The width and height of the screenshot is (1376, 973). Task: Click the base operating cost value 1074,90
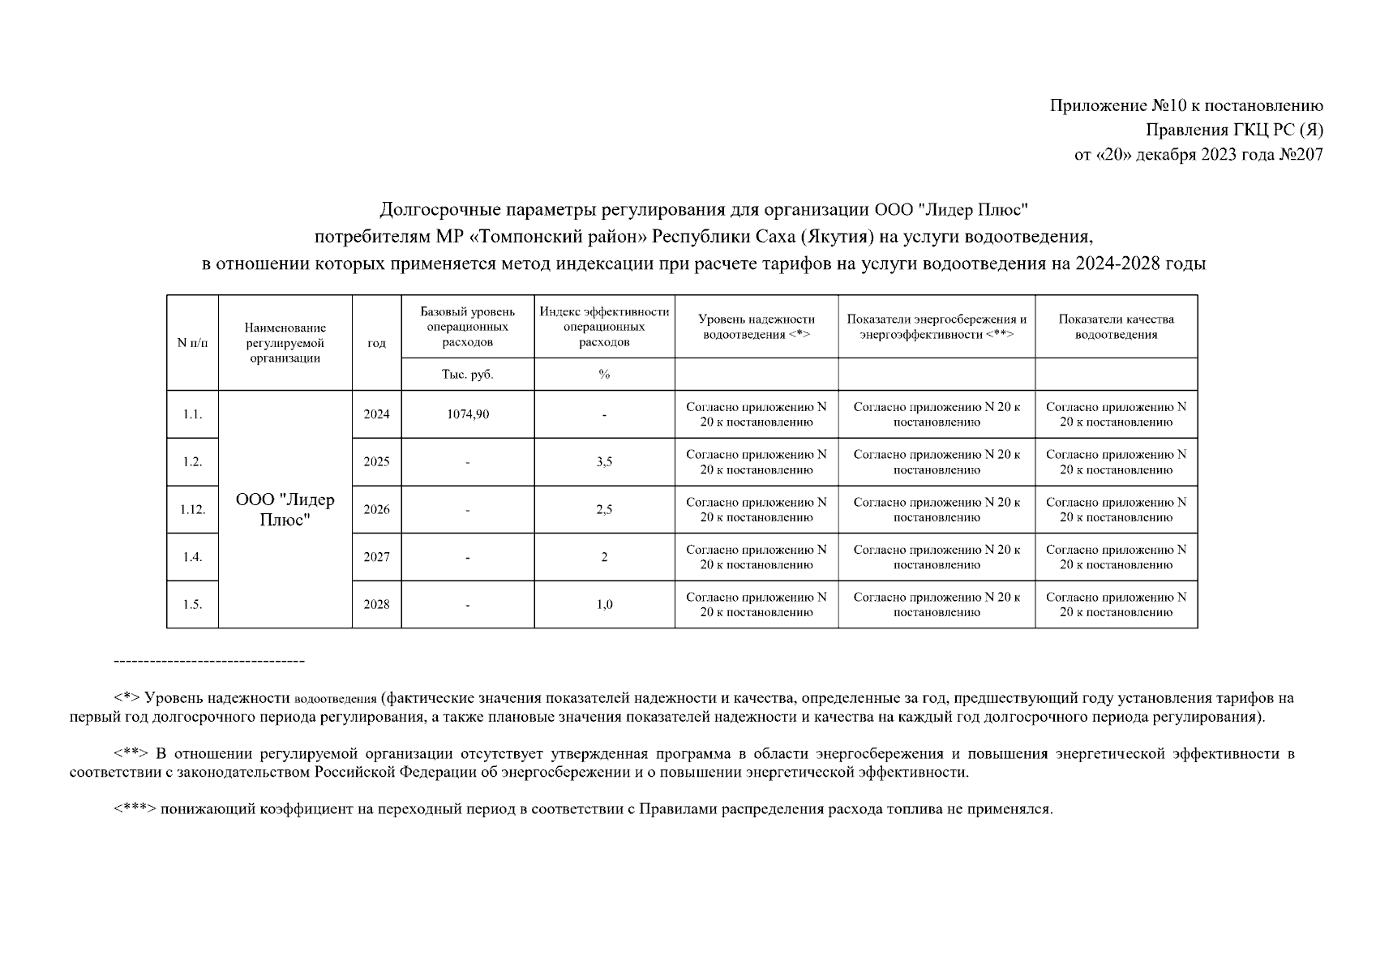point(468,414)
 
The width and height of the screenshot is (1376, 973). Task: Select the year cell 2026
point(376,509)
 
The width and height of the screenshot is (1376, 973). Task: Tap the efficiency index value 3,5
point(604,462)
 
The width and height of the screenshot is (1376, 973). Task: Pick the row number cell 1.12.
point(192,509)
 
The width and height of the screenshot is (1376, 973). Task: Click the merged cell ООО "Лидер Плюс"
point(285,509)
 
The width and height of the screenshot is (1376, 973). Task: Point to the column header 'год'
point(376,343)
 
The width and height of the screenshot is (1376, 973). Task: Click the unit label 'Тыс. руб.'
point(468,375)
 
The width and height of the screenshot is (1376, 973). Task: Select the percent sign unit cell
point(604,375)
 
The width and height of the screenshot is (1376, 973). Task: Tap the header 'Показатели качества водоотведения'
point(1116,327)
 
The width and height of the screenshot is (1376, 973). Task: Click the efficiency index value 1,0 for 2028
point(604,604)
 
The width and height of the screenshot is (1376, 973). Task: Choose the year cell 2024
point(376,414)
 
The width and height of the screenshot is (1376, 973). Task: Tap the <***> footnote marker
point(135,809)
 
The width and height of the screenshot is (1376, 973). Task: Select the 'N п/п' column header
point(192,343)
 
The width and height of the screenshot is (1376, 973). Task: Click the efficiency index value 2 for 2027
point(604,557)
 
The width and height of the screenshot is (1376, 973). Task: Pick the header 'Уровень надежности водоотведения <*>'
point(756,327)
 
